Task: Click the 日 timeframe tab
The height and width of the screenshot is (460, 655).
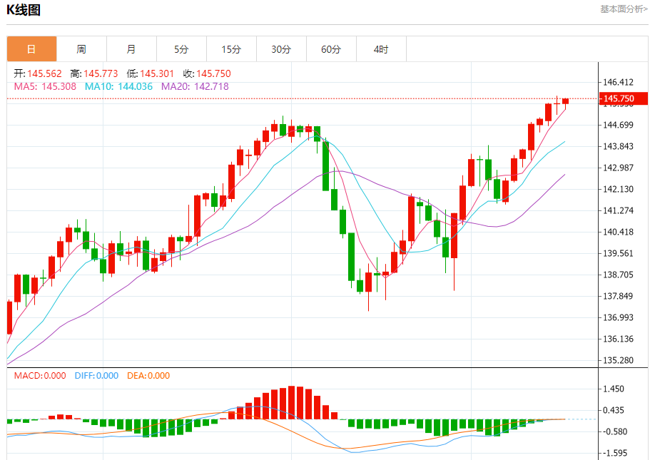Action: pos(31,49)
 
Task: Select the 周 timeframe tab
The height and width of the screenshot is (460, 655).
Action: pos(81,49)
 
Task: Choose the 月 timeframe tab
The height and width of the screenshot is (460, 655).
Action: pos(131,49)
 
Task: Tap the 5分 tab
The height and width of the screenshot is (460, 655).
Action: pos(181,49)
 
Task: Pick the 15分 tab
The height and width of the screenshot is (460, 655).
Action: pos(231,49)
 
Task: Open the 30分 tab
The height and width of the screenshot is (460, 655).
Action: pos(281,49)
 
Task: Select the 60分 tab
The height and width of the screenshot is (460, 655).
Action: pos(331,49)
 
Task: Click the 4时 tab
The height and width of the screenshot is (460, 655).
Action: pos(381,49)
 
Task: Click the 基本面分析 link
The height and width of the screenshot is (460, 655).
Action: pos(623,9)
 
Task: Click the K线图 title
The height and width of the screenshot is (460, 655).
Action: pos(24,10)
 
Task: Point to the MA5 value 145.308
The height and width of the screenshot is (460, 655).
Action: pos(59,86)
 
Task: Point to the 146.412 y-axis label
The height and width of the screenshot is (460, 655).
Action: pos(619,83)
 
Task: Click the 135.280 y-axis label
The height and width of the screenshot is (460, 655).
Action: pos(619,360)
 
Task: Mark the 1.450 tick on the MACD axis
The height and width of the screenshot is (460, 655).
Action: pos(614,389)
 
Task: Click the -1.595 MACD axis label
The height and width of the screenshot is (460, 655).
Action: pos(614,452)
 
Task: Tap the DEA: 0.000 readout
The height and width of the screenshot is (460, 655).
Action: pos(148,376)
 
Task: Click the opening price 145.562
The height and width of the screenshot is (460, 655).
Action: pos(45,73)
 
